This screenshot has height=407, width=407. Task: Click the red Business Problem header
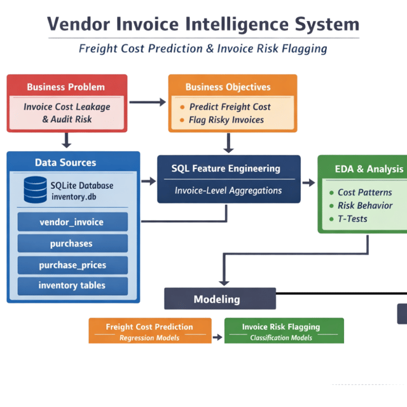[x=66, y=86]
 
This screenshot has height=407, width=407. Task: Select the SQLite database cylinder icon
[x=34, y=189]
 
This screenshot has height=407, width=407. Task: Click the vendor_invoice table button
[x=72, y=222]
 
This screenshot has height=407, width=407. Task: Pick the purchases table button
[x=72, y=244]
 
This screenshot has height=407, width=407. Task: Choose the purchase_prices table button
[x=72, y=265]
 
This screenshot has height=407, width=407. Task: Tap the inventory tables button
[x=72, y=286]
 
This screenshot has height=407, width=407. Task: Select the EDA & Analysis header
[x=369, y=169]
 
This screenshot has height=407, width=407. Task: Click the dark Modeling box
[x=219, y=299]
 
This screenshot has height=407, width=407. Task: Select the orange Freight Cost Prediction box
[x=149, y=331]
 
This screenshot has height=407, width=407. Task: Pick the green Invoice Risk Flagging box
[x=284, y=331]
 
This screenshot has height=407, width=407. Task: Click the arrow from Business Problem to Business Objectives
[x=148, y=102]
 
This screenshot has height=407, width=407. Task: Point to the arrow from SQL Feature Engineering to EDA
[x=308, y=183]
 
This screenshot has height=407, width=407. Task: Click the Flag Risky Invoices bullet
[x=226, y=120]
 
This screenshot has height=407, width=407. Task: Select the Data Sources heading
[x=66, y=163]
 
